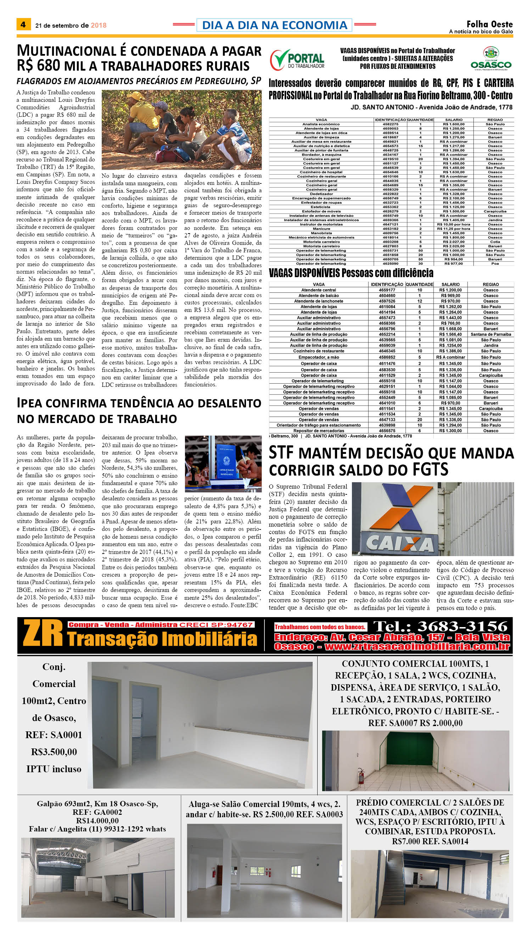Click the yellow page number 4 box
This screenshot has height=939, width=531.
point(23,24)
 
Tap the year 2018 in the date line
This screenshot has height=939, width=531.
point(99,26)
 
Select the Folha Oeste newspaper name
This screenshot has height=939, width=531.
point(490,24)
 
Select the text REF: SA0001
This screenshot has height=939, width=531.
point(54,735)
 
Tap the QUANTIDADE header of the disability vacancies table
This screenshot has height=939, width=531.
point(419,284)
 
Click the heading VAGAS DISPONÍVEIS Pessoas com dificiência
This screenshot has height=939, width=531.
point(351,273)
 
